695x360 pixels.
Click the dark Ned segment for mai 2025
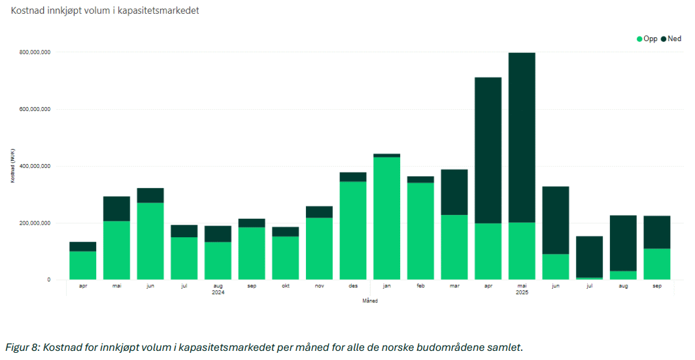pyautogui.click(x=522, y=137)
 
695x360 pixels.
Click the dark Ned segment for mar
pyautogui.click(x=454, y=192)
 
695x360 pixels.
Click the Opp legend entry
pyautogui.click(x=647, y=39)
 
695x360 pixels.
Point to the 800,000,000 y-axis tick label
pyautogui.click(x=35, y=52)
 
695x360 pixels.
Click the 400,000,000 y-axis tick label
pyautogui.click(x=35, y=167)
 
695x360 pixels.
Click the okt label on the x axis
pyautogui.click(x=285, y=286)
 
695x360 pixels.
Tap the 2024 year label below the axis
pyautogui.click(x=218, y=293)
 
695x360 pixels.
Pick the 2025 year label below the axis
pyautogui.click(x=522, y=293)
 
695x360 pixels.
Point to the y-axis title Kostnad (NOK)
pyautogui.click(x=12, y=166)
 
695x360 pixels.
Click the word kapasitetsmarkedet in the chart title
pyautogui.click(x=156, y=10)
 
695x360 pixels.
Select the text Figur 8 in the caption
pyautogui.click(x=22, y=347)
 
